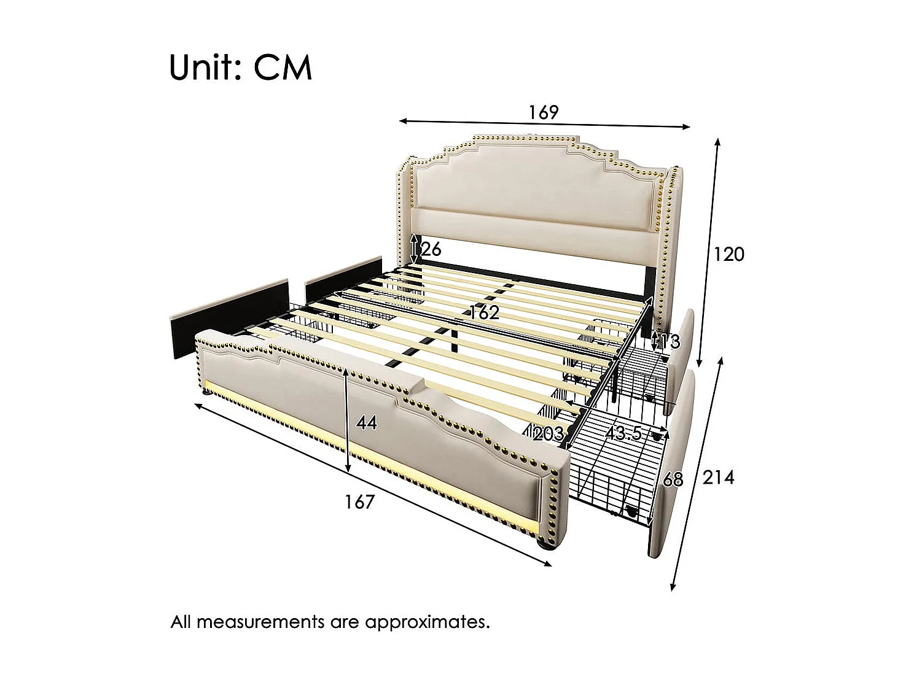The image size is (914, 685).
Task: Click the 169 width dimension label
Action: [544, 112]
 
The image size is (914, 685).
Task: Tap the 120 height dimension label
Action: [728, 253]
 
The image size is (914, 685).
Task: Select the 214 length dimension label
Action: [718, 477]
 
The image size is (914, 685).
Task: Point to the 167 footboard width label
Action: [359, 501]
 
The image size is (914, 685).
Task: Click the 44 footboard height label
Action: [366, 423]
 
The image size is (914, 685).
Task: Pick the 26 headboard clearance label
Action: [431, 249]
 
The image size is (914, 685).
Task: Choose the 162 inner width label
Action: [485, 312]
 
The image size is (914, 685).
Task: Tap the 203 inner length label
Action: [549, 434]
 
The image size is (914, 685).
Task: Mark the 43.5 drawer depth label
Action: [623, 433]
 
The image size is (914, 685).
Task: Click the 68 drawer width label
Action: [673, 479]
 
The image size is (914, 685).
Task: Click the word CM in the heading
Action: [283, 68]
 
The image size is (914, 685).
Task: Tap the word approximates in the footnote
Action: [428, 622]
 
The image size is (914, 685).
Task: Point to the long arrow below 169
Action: [545, 124]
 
